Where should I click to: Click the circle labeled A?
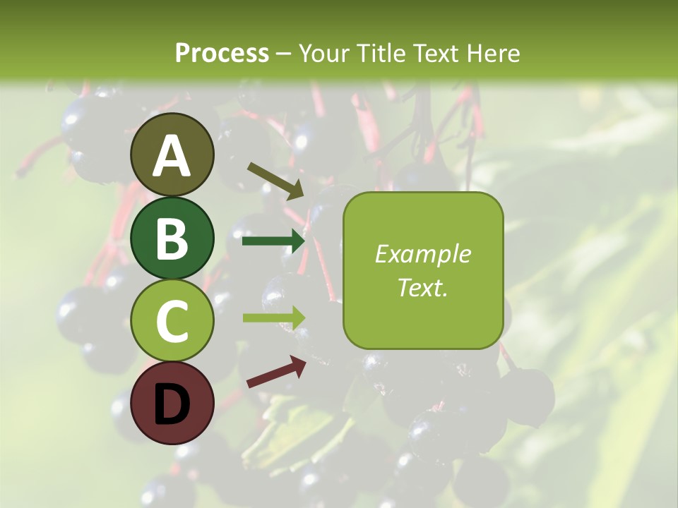(172, 155)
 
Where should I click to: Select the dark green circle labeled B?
(172, 238)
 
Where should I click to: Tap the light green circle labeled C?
(172, 320)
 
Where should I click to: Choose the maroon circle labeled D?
(172, 403)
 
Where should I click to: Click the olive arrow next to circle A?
(276, 181)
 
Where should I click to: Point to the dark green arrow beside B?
(273, 241)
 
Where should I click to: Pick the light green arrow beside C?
(274, 318)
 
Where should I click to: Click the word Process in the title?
(222, 53)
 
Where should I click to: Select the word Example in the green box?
(423, 254)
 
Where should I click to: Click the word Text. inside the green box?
(423, 287)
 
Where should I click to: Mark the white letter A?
(172, 156)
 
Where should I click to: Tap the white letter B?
(172, 238)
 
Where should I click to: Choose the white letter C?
(172, 321)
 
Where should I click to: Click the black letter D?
(172, 404)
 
